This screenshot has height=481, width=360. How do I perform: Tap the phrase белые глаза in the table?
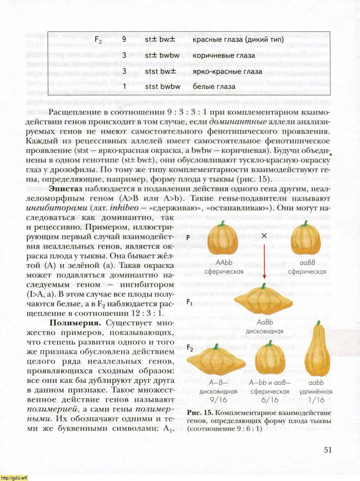[x=214, y=87]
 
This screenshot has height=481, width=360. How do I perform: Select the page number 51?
[x=327, y=450]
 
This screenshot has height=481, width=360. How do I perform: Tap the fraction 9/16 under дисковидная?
[x=218, y=399]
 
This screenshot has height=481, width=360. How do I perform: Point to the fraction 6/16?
[x=270, y=399]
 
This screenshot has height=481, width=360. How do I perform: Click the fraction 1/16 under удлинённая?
[x=317, y=399]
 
